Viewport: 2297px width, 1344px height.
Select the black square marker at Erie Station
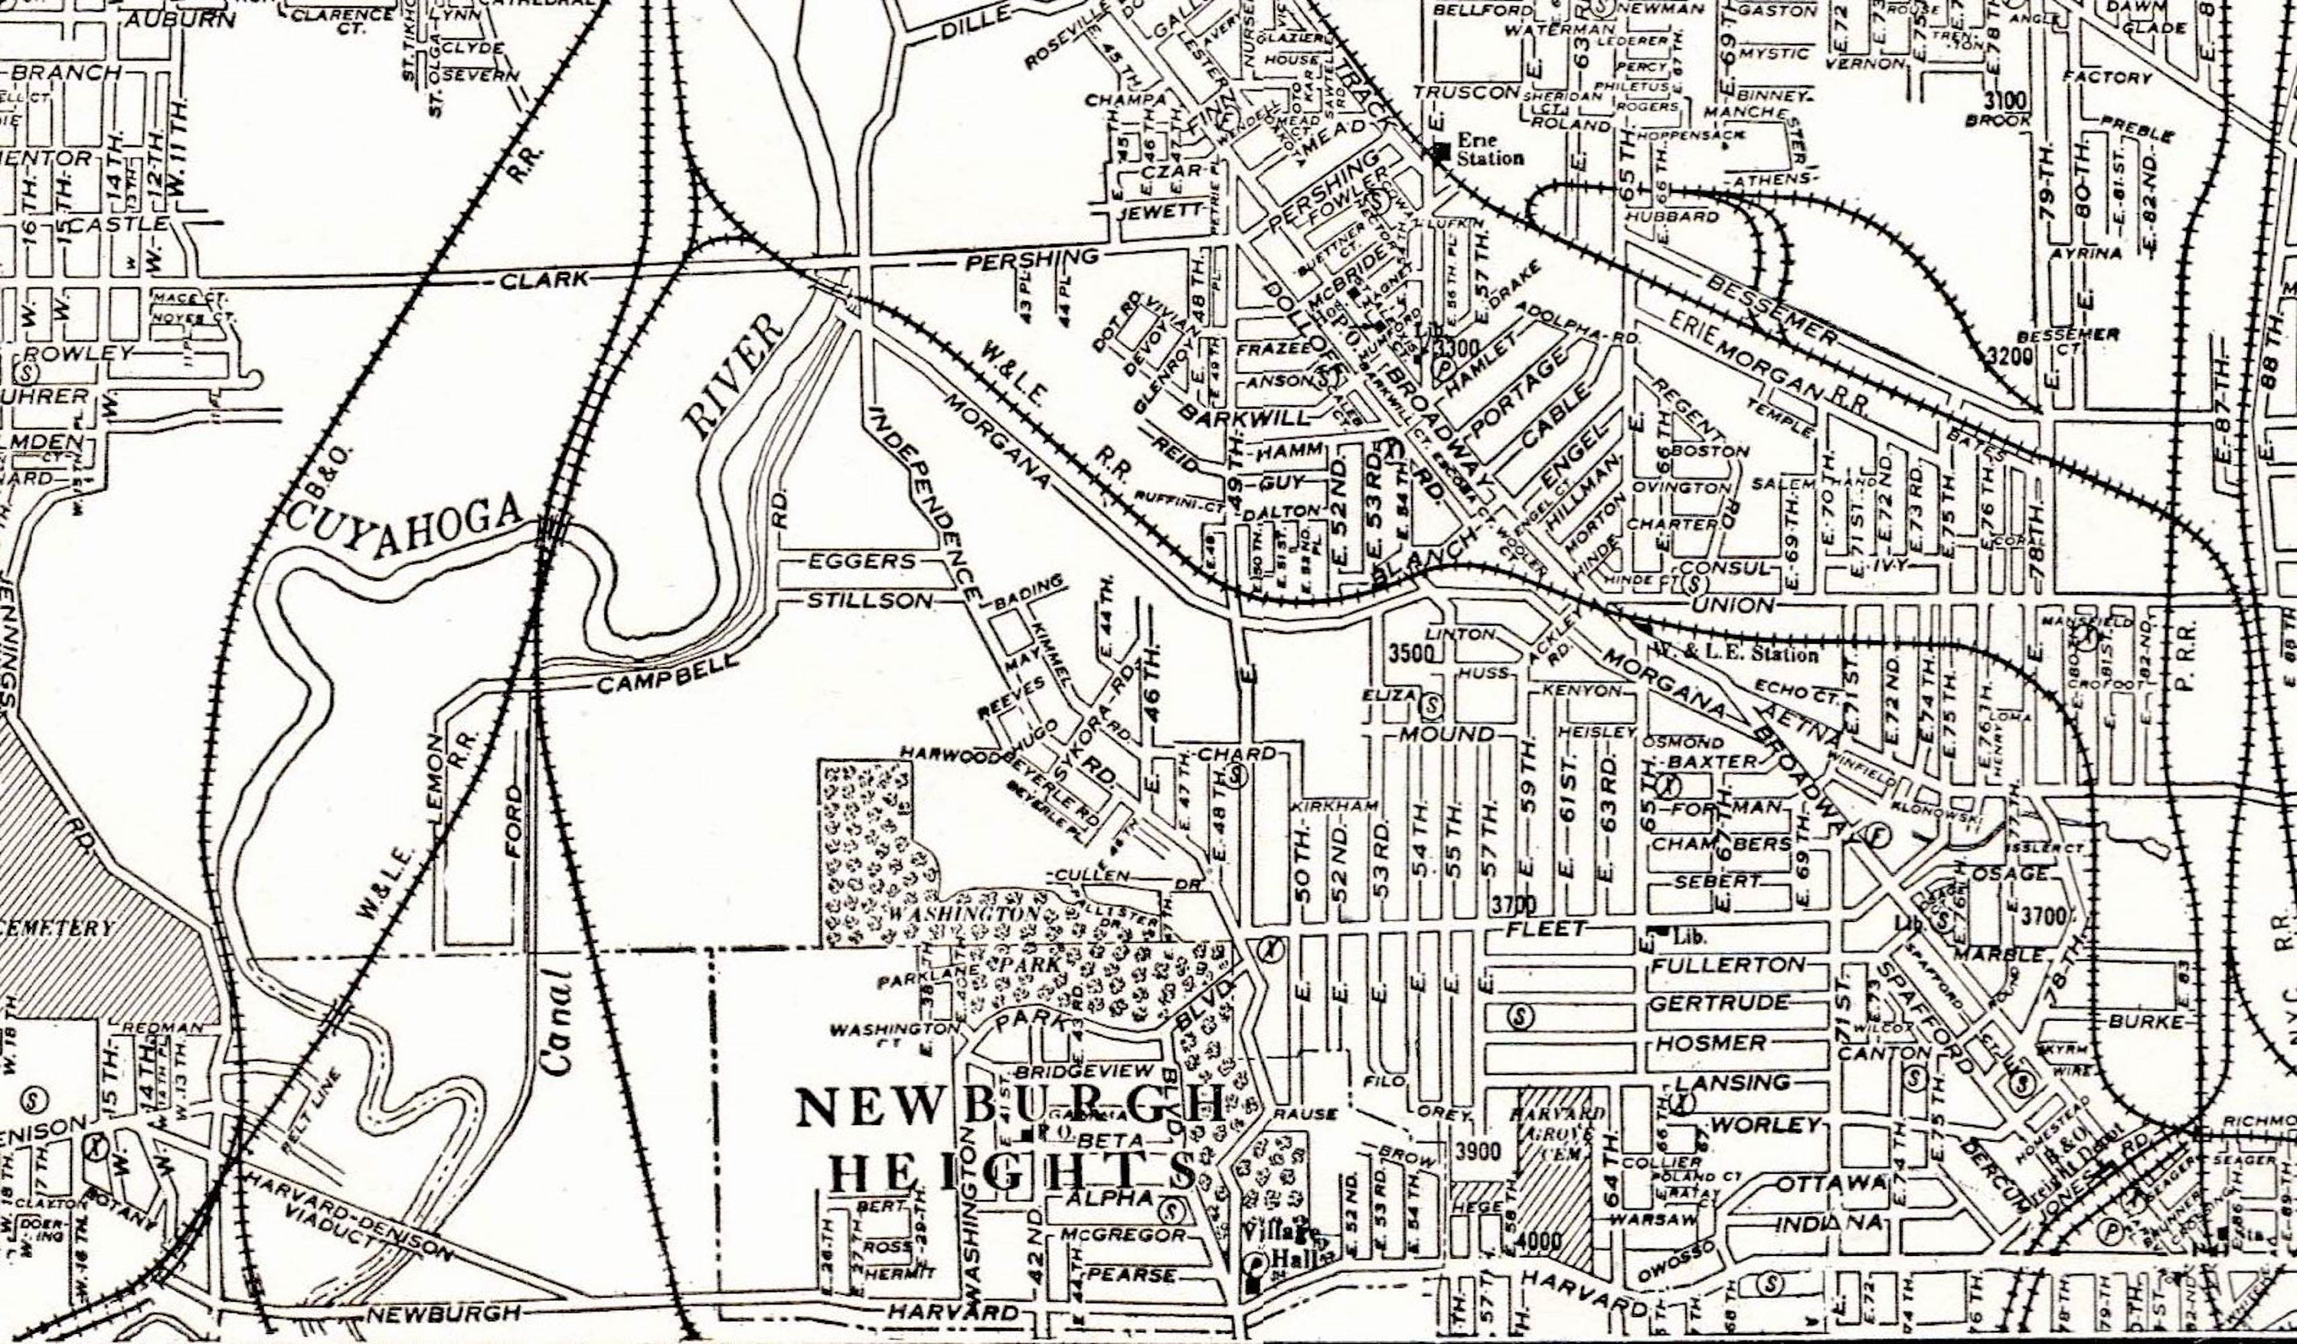point(1441,152)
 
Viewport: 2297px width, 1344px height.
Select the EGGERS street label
point(861,561)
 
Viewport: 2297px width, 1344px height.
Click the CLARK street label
point(544,279)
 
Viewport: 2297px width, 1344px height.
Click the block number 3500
point(1412,654)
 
